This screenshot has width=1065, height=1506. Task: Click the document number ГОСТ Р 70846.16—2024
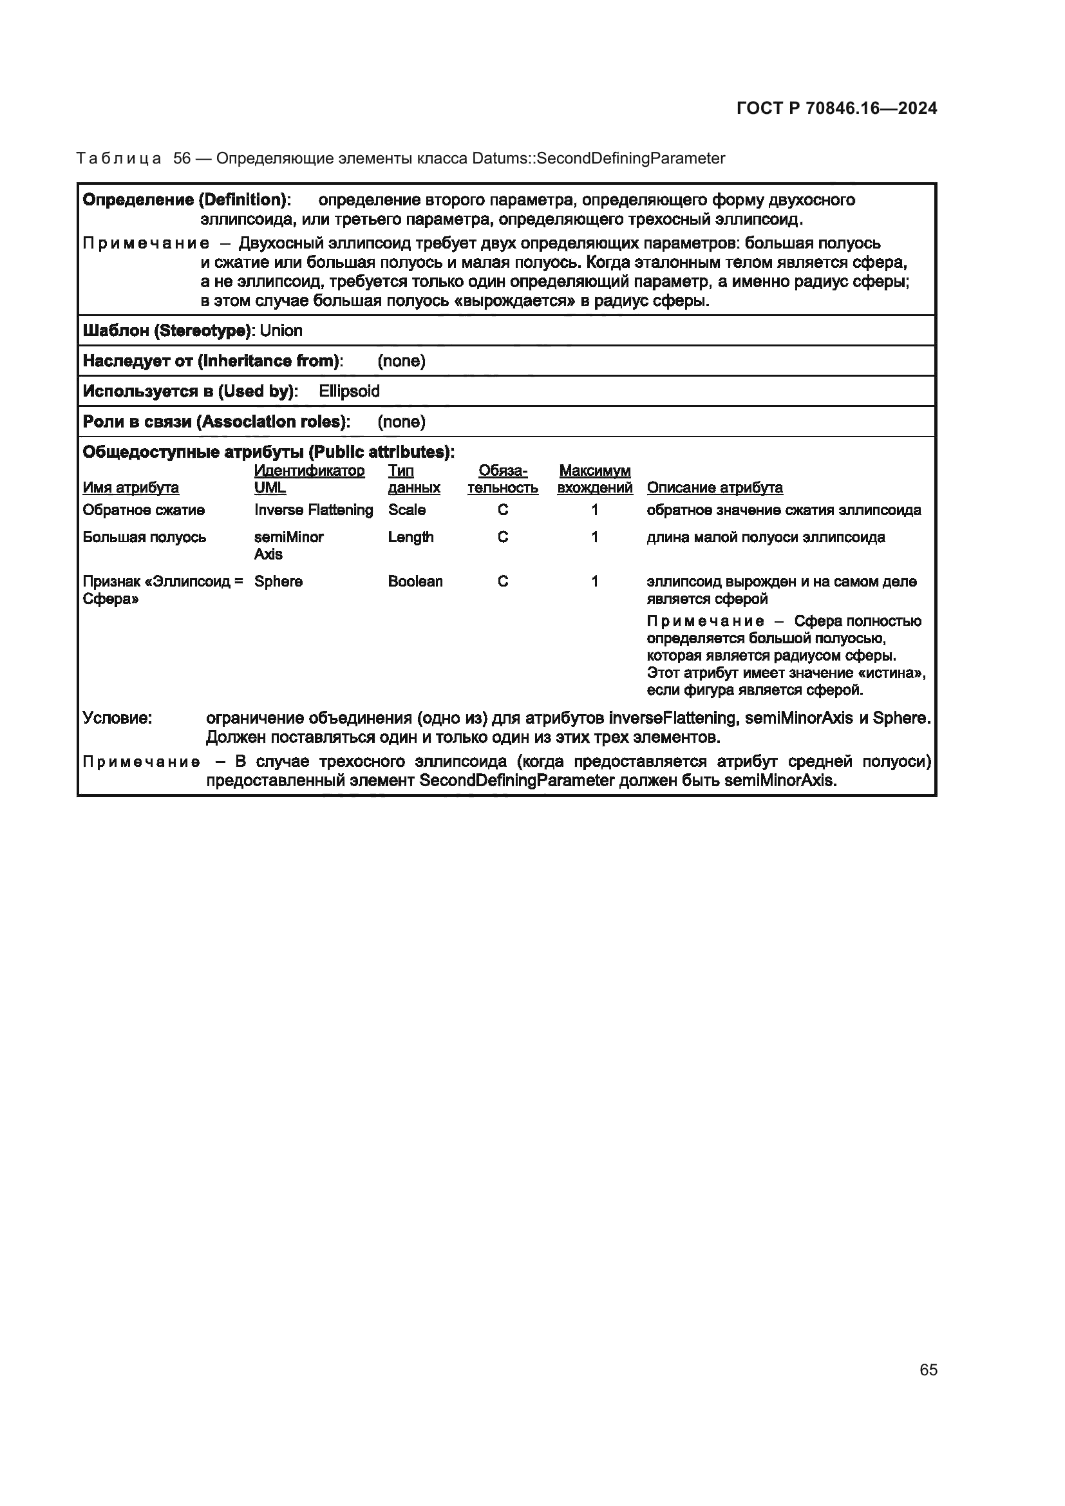(x=836, y=108)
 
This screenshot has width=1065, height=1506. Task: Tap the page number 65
(x=928, y=1370)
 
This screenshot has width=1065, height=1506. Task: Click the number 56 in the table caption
(x=182, y=159)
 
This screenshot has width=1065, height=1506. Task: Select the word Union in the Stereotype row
(x=281, y=330)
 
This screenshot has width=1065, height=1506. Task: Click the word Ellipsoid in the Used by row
(x=349, y=391)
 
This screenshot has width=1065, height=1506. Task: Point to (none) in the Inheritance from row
(x=401, y=361)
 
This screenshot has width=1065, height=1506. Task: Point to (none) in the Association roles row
(x=401, y=422)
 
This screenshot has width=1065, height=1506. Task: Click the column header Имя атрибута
(x=131, y=488)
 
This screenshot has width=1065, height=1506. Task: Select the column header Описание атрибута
(x=714, y=488)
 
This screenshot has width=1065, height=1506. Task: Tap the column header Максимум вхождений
(x=594, y=480)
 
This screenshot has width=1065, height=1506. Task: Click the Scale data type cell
(x=406, y=511)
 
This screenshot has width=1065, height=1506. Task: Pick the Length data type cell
(x=411, y=537)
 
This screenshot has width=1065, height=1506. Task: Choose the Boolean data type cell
(x=415, y=582)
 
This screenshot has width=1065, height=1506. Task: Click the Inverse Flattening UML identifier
(x=314, y=511)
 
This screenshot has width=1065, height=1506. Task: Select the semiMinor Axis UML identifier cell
(x=288, y=546)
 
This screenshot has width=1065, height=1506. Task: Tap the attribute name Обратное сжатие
(x=144, y=511)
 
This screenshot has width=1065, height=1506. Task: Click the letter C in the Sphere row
(x=502, y=582)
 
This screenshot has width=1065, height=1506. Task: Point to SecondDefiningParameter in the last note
(x=516, y=780)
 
